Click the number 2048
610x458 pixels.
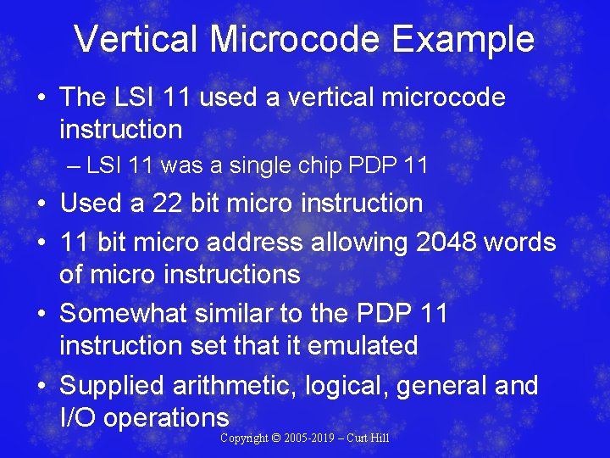pyautogui.click(x=447, y=243)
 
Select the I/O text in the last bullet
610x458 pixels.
pyautogui.click(x=78, y=418)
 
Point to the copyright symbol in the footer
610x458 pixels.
pyautogui.click(x=278, y=438)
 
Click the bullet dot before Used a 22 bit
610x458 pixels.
pyautogui.click(x=42, y=204)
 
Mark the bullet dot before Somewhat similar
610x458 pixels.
pyautogui.click(x=42, y=315)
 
